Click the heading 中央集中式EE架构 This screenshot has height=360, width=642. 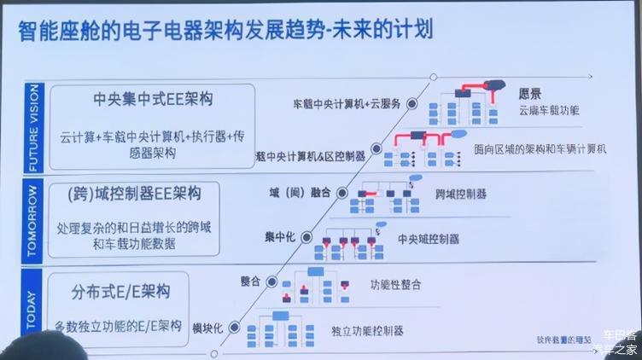tap(153, 99)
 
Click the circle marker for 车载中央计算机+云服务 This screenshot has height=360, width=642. tap(411, 103)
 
